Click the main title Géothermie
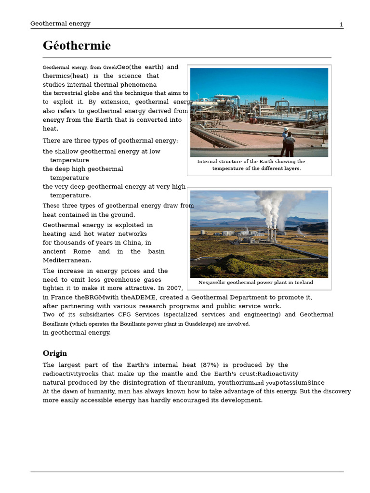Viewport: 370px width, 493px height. [77, 46]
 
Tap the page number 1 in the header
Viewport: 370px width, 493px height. [341, 25]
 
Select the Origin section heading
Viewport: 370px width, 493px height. [54, 353]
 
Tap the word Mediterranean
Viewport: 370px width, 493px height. [66, 260]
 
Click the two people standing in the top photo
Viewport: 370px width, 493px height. [288, 143]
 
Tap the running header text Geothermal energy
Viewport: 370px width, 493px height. [60, 24]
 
